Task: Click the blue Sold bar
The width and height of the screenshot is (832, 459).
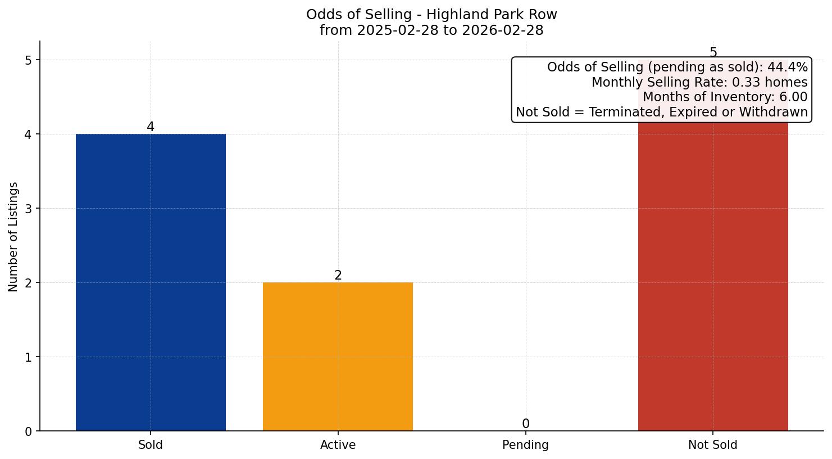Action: tap(151, 282)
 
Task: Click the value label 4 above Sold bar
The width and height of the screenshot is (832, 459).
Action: tap(151, 127)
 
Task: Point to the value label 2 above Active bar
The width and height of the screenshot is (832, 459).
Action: tap(338, 276)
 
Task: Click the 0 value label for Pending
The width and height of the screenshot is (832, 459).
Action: tap(525, 424)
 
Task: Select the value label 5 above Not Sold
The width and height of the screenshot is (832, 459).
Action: tap(713, 53)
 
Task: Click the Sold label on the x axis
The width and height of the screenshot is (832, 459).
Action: tap(151, 445)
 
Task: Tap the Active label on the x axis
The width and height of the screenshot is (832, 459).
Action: tap(338, 445)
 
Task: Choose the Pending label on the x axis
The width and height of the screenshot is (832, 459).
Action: tap(525, 445)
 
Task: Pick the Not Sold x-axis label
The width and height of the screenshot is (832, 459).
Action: tap(712, 445)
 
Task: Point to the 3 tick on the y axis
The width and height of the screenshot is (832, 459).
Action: tap(29, 209)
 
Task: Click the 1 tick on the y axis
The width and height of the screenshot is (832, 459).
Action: tap(29, 357)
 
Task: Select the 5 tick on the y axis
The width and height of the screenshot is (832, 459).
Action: tap(29, 60)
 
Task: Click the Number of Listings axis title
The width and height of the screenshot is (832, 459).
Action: tap(13, 236)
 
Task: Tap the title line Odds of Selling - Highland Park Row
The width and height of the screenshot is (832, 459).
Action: tap(431, 15)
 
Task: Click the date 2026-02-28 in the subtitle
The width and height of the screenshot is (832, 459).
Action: tap(503, 30)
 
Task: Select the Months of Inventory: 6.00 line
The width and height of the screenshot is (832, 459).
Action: tap(725, 97)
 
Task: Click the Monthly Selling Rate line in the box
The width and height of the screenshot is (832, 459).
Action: tap(699, 83)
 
